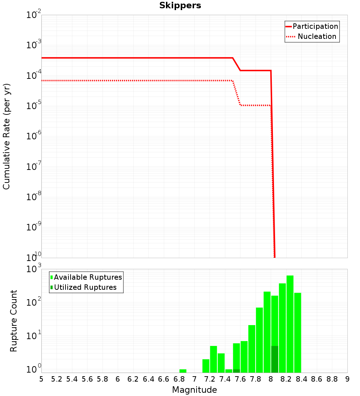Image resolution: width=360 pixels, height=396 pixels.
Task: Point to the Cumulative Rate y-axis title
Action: point(6,136)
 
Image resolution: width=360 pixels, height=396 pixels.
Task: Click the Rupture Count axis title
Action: point(14,321)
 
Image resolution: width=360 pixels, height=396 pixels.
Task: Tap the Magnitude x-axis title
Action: point(194,390)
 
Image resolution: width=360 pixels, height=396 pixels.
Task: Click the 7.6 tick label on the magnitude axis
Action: point(240,379)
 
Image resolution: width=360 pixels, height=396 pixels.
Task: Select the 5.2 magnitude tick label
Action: point(57,379)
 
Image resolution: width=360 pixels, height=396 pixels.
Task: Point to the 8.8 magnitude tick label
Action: point(332,379)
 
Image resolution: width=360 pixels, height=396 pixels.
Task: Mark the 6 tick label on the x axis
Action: point(118,379)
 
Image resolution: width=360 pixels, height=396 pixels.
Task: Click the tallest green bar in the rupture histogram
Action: point(290,324)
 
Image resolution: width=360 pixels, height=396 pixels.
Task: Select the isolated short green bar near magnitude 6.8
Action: point(183,371)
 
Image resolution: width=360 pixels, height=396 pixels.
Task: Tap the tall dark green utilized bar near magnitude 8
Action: point(275,359)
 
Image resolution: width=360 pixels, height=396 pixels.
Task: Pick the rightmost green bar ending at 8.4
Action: point(297,333)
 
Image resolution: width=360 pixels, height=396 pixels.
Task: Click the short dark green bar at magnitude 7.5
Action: point(236,371)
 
